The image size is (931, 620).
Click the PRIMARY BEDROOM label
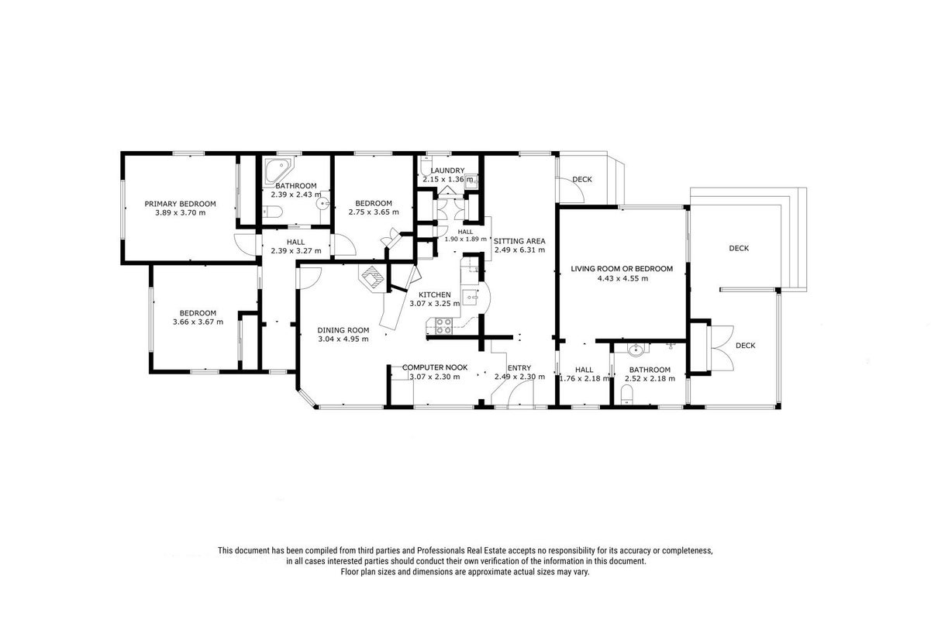click(x=180, y=204)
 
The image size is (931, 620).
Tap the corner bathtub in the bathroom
click(x=278, y=170)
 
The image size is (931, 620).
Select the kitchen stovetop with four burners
click(x=443, y=325)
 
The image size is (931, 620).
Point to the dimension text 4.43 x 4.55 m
click(x=622, y=278)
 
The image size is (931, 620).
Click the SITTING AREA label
click(x=519, y=241)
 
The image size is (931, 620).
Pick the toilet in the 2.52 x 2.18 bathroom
click(x=626, y=394)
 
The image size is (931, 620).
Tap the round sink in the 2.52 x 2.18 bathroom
click(x=636, y=350)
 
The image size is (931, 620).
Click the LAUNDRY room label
click(x=447, y=170)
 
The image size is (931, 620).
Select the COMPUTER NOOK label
click(x=435, y=368)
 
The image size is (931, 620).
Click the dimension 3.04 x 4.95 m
click(x=343, y=339)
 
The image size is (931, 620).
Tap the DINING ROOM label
click(x=343, y=330)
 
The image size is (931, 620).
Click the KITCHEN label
click(x=434, y=294)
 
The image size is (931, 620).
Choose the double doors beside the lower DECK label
click(x=722, y=348)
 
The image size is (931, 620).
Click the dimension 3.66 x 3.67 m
click(x=198, y=322)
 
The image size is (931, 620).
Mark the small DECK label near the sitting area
click(x=582, y=180)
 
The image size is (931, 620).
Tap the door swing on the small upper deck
click(x=571, y=190)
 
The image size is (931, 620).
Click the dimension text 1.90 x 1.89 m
click(x=465, y=239)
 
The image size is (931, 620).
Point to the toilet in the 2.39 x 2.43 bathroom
click(x=272, y=212)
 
